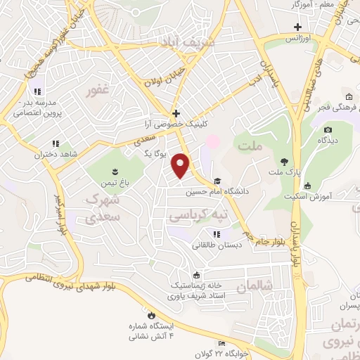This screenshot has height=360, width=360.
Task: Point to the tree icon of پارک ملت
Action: click(284, 160)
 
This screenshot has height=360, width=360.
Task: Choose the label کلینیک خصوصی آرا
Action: click(176, 124)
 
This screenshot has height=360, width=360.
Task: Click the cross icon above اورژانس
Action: click(298, 27)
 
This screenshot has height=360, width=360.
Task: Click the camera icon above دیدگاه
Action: click(328, 130)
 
